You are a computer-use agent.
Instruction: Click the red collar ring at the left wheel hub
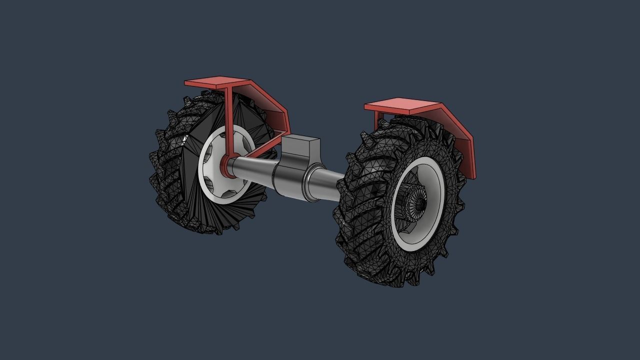(x=226, y=166)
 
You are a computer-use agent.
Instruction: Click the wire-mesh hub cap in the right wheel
(x=416, y=202)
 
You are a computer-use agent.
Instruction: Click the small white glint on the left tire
(x=185, y=138)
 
